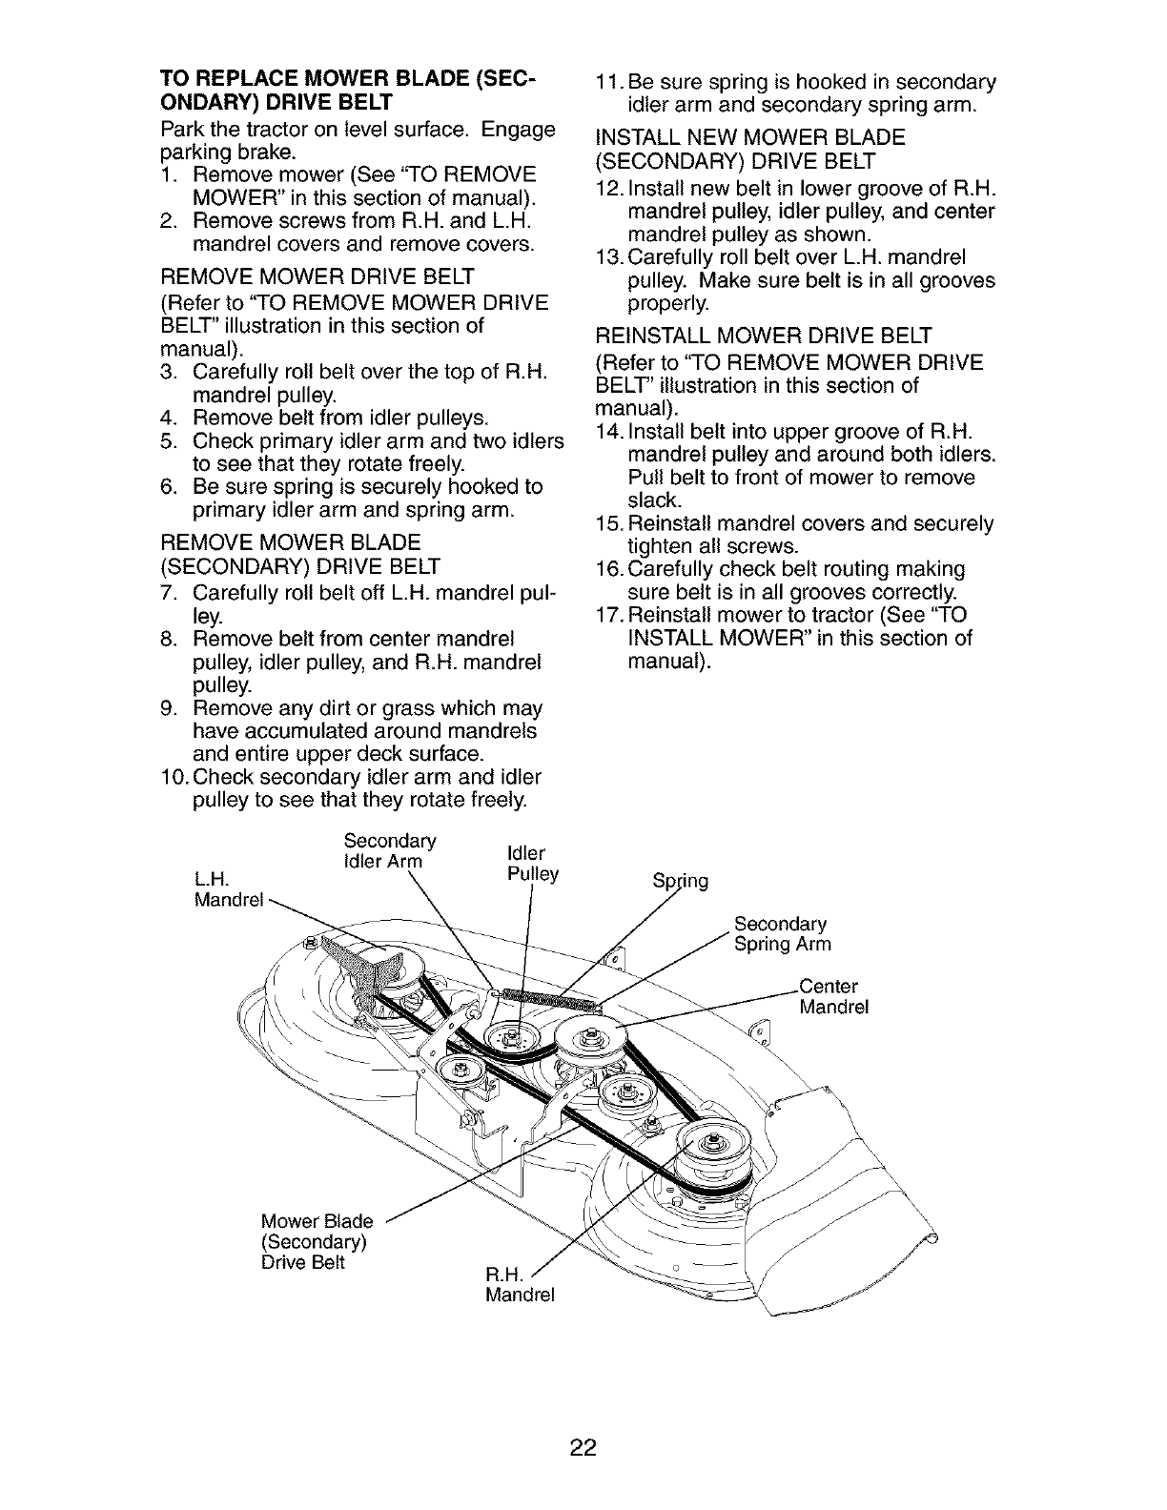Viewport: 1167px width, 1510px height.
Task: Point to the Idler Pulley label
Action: tap(534, 863)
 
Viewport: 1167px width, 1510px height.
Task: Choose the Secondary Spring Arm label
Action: tap(782, 934)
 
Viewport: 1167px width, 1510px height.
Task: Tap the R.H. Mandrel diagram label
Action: tap(519, 1285)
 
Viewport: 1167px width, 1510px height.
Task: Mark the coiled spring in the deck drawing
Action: tap(550, 1000)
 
